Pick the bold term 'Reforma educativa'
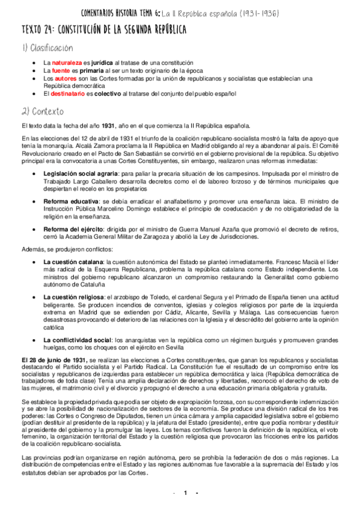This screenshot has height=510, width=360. (x=67, y=200)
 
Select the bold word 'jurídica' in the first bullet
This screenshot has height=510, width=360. (x=98, y=63)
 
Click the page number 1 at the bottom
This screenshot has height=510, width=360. (x=185, y=493)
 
